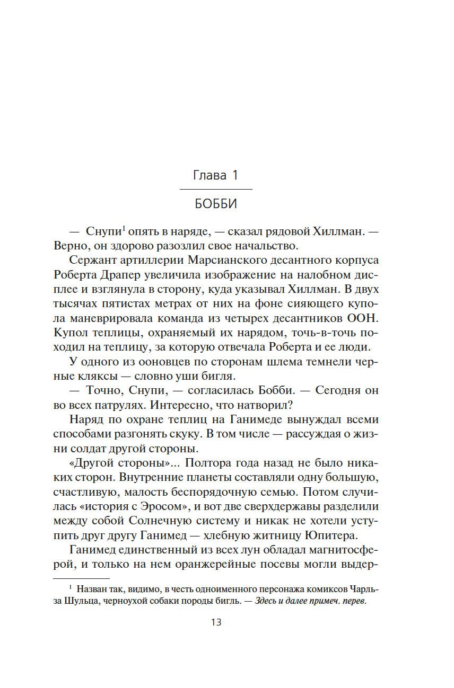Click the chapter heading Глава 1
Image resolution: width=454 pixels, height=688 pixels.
coord(215,176)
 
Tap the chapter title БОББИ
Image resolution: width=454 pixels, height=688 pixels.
coord(215,204)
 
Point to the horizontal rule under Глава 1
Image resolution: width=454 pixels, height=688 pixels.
coord(216,189)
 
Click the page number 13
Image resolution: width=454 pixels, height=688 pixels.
coord(216,622)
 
